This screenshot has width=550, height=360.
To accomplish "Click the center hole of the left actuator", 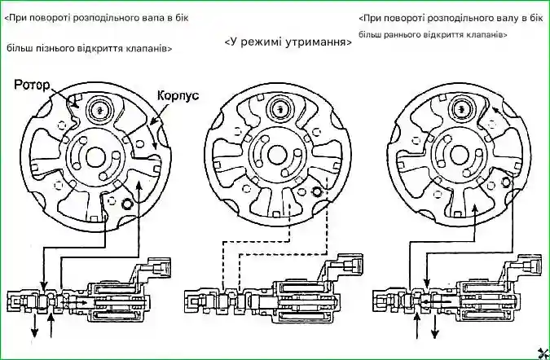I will point(95,156).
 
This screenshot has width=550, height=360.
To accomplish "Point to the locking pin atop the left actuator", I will point(100,108).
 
